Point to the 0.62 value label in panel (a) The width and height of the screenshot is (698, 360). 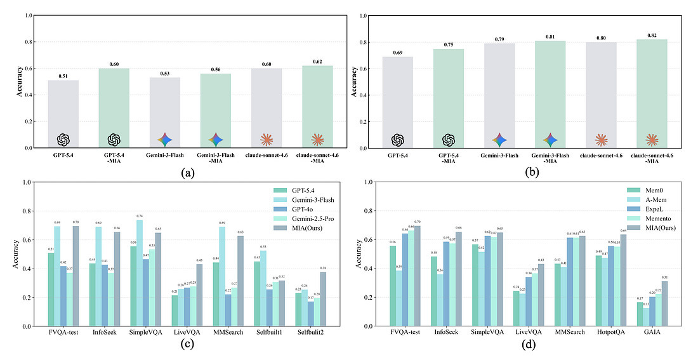click(x=317, y=62)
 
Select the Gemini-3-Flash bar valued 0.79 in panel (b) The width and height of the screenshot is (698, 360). click(x=499, y=95)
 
